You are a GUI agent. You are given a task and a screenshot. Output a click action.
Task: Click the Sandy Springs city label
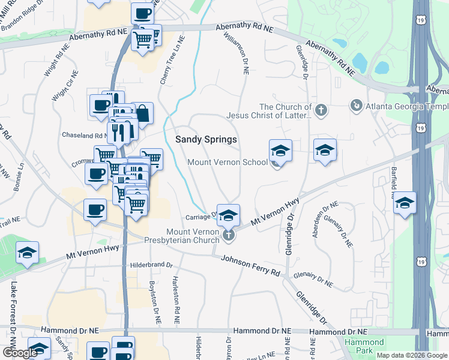206,139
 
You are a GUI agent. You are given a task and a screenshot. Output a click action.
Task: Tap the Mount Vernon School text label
228,162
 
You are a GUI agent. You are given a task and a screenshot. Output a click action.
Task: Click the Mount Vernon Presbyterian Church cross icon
228,235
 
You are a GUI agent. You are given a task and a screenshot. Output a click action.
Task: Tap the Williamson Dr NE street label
236,53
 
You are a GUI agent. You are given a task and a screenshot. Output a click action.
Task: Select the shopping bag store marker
143,112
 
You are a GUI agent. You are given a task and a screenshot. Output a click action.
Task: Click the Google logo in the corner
20,353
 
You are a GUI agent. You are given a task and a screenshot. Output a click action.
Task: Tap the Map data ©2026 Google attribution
412,355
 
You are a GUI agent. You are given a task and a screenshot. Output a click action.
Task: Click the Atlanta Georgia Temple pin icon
356,106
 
